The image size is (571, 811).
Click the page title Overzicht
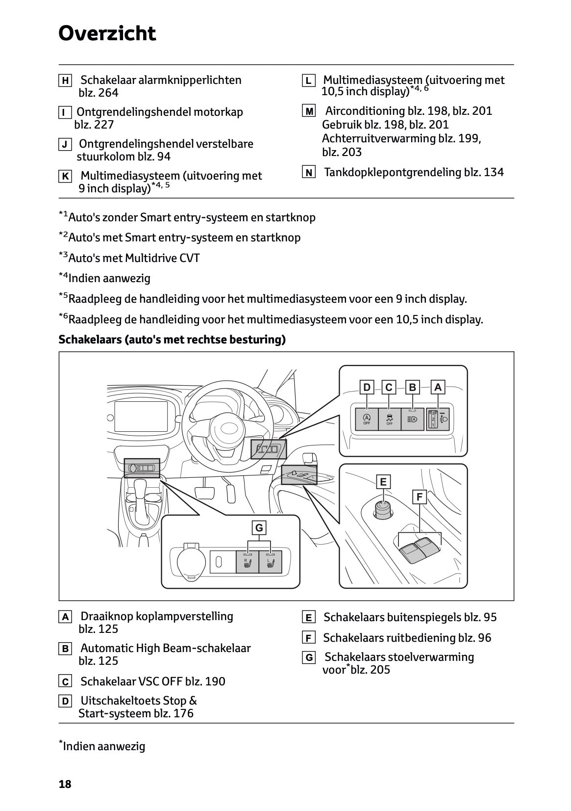click(107, 33)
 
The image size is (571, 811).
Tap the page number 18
click(65, 784)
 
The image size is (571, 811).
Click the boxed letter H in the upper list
click(65, 80)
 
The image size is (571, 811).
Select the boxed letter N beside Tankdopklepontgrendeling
click(308, 172)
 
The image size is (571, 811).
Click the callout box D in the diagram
click(367, 388)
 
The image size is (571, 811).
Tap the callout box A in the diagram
click(438, 388)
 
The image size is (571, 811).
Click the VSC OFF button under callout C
click(390, 419)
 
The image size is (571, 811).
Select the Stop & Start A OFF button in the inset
click(367, 419)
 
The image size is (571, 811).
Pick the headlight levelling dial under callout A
click(433, 419)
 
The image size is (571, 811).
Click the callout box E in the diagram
click(383, 482)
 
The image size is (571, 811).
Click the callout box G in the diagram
click(259, 528)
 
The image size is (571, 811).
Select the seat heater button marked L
click(270, 562)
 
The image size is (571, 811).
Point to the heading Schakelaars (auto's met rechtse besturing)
click(172, 340)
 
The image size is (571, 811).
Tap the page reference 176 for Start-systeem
click(183, 713)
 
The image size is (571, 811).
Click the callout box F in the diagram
click(420, 497)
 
